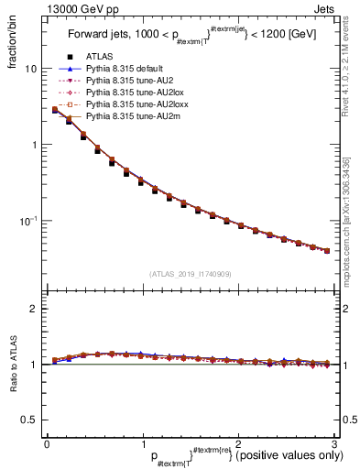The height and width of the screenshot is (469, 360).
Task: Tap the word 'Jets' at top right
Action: point(321,7)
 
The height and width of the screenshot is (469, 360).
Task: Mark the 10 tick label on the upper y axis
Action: point(30,70)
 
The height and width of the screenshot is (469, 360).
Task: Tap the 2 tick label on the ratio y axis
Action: point(33,309)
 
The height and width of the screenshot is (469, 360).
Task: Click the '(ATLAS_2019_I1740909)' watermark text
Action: point(190,274)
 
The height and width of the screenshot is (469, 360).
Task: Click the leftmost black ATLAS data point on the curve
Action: point(55,111)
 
